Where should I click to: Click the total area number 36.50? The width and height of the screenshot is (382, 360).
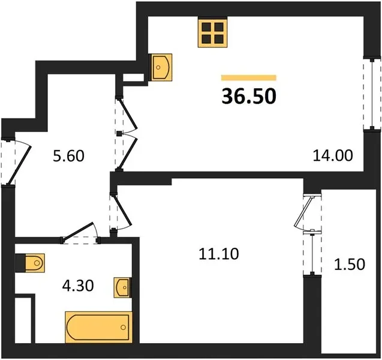pyautogui.click(x=249, y=96)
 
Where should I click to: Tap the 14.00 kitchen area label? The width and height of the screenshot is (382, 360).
pyautogui.click(x=333, y=155)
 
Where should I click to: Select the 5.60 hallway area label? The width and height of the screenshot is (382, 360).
pyautogui.click(x=69, y=156)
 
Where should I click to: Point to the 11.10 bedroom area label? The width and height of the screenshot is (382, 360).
pyautogui.click(x=219, y=254)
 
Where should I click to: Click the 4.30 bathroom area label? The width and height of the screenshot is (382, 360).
pyautogui.click(x=78, y=286)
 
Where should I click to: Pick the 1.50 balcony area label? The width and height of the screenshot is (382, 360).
pyautogui.click(x=350, y=265)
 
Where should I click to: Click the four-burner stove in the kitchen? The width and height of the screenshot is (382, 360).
pyautogui.click(x=212, y=32)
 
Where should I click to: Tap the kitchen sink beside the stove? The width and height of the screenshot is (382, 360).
pyautogui.click(x=160, y=67)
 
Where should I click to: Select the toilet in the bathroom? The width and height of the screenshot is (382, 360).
pyautogui.click(x=30, y=263)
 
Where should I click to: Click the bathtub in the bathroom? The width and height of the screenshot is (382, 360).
pyautogui.click(x=99, y=327)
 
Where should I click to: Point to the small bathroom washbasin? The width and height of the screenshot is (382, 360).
pyautogui.click(x=123, y=287)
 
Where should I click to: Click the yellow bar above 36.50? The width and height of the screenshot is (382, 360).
pyautogui.click(x=249, y=77)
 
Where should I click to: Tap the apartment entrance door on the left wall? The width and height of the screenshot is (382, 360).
pyautogui.click(x=16, y=161)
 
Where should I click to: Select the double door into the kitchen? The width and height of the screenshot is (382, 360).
pyautogui.click(x=127, y=134)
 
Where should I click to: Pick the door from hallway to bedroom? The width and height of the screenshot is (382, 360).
pyautogui.click(x=121, y=211)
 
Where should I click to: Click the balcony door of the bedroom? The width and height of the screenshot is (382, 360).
pyautogui.click(x=308, y=212)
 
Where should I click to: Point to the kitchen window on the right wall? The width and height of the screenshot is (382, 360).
pyautogui.click(x=372, y=94)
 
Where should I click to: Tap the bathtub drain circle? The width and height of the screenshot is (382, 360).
pyautogui.click(x=124, y=328)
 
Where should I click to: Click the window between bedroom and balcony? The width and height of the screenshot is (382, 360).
pyautogui.click(x=312, y=253)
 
